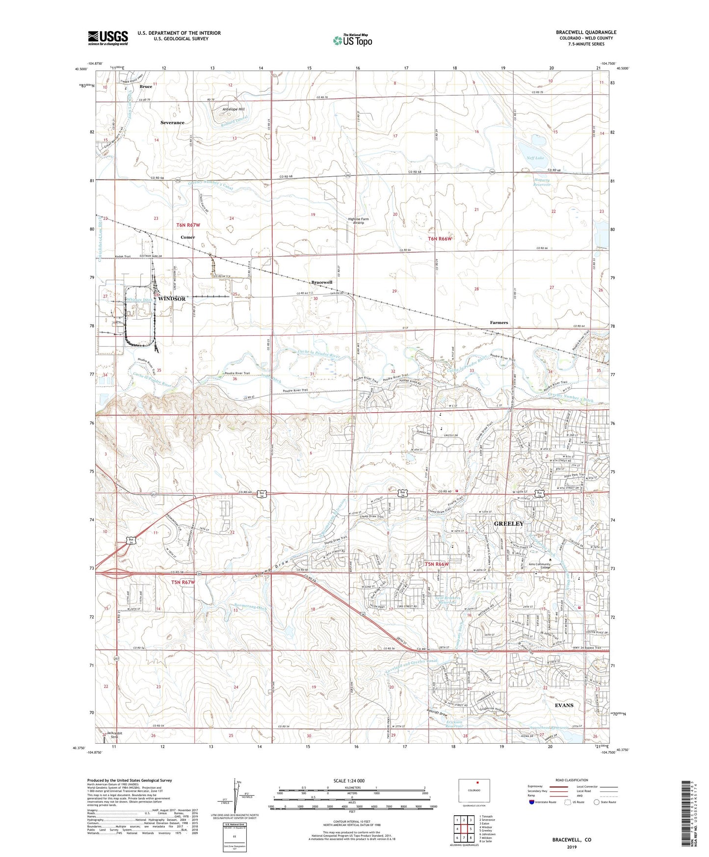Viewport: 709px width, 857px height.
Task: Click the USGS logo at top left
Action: pyautogui.click(x=108, y=38)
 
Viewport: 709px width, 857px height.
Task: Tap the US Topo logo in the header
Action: pyautogui.click(x=352, y=40)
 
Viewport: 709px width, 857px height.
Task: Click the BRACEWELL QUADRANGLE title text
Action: pyautogui.click(x=586, y=32)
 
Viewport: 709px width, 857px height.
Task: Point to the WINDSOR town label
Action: pyautogui.click(x=171, y=299)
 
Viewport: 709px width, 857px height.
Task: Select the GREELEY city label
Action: pyautogui.click(x=509, y=524)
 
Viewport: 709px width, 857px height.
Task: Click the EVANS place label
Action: pyautogui.click(x=564, y=705)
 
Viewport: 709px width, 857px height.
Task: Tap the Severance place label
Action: pyautogui.click(x=172, y=123)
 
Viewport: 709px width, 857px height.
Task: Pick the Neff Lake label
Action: pyautogui.click(x=537, y=158)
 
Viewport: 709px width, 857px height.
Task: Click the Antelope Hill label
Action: pyautogui.click(x=233, y=109)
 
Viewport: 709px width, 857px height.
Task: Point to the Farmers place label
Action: pyautogui.click(x=499, y=322)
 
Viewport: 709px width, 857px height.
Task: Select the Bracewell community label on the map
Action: pyautogui.click(x=322, y=282)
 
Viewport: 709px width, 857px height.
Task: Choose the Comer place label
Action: pyautogui.click(x=187, y=237)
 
